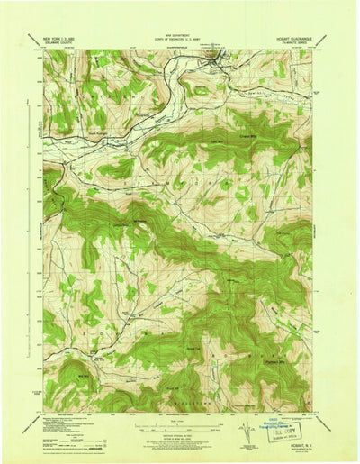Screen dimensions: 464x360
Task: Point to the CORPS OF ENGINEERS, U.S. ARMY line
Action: pyautogui.click(x=180, y=42)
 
